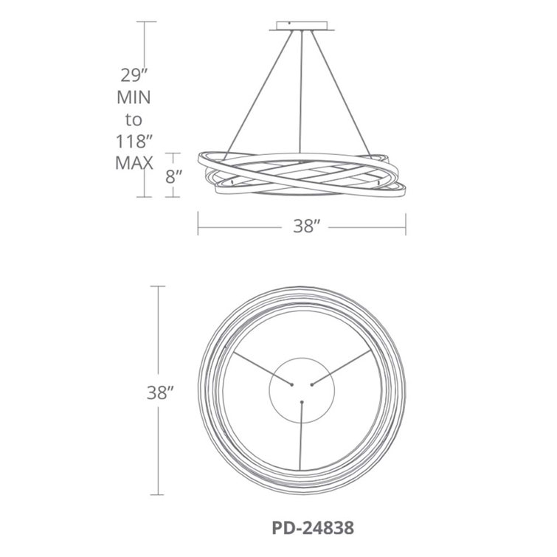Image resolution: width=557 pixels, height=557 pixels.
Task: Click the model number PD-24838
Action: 313,528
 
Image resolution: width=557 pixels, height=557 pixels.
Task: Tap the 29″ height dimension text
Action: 134,75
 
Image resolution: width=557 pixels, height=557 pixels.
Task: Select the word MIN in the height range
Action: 134,97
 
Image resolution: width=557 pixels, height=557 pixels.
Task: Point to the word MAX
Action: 134,163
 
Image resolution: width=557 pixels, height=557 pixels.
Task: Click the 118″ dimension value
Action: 134,142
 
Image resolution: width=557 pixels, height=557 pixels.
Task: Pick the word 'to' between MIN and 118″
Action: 134,120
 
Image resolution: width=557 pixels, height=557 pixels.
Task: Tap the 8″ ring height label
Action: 173,176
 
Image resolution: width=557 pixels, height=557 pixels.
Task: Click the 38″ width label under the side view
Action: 307,226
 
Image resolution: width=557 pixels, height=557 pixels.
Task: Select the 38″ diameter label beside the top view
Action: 160,392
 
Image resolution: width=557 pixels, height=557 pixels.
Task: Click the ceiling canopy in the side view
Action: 302,27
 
